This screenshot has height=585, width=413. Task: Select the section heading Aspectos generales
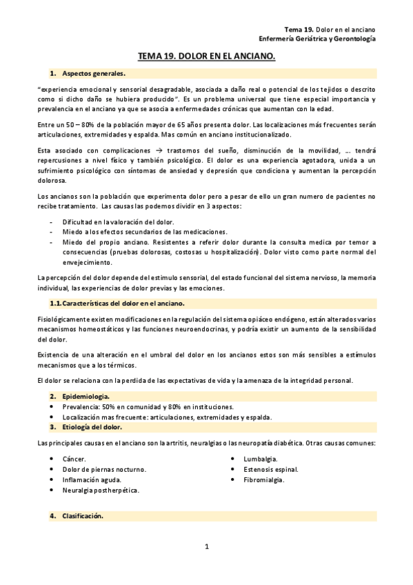(x=93, y=73)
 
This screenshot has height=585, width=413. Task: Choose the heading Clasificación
(x=82, y=515)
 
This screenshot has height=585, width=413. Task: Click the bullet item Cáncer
(x=74, y=459)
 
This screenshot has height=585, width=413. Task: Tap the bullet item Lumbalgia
(x=260, y=459)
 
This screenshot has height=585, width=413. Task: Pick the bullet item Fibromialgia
(x=263, y=479)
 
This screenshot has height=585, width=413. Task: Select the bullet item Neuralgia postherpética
(x=101, y=490)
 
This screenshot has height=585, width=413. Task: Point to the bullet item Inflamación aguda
(x=92, y=479)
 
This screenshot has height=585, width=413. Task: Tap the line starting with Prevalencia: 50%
(x=138, y=406)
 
